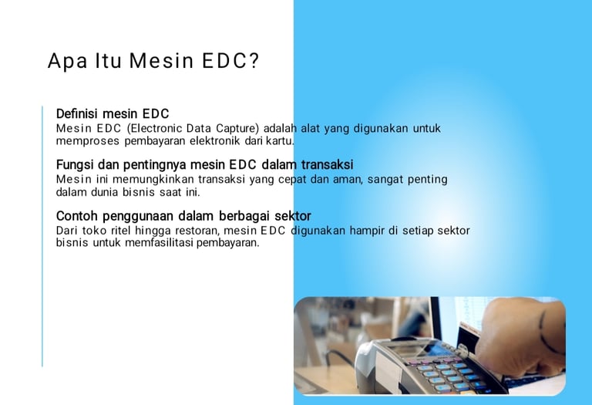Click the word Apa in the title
[x=68, y=61]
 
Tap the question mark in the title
[x=254, y=60]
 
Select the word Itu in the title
[x=108, y=60]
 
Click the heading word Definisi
[x=77, y=113]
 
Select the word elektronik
[x=214, y=141]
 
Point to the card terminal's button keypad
[x=449, y=374]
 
